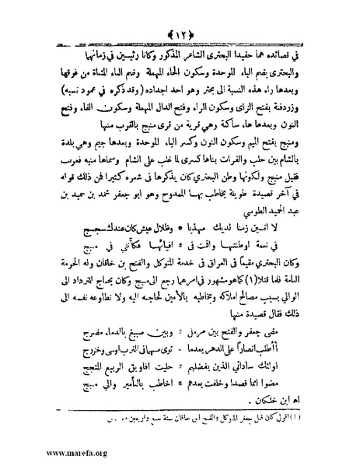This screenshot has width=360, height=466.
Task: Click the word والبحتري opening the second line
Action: point(295,51)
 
